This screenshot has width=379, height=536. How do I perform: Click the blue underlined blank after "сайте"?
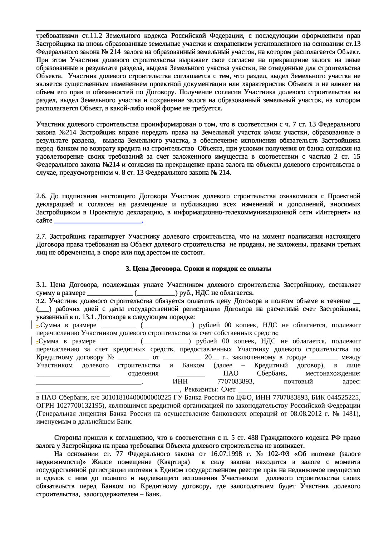point(98,222)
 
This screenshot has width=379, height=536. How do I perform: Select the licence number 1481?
point(350,414)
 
